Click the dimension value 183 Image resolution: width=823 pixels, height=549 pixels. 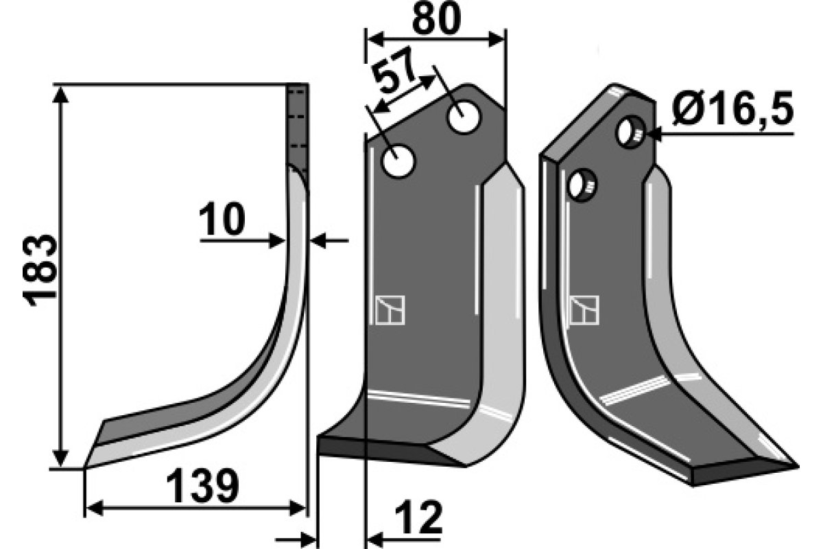40,270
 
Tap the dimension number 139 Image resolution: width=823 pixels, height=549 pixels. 202,486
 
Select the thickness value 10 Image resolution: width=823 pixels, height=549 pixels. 222,219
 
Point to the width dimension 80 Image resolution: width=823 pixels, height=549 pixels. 436,18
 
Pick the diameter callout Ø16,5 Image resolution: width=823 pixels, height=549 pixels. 732,109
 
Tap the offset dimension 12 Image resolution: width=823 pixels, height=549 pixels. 419,517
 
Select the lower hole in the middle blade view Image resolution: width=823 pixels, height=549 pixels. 398,161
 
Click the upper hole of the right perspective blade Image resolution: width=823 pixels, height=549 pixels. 630,132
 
